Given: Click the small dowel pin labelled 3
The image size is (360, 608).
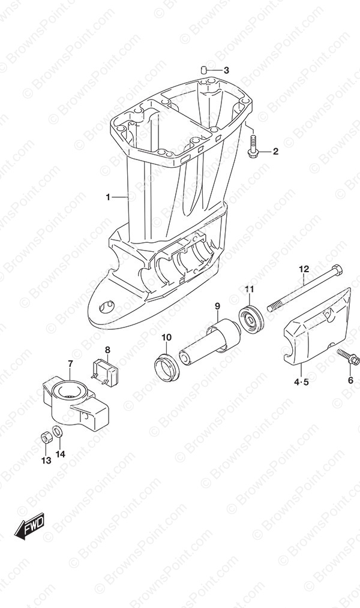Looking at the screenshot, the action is tap(214, 70).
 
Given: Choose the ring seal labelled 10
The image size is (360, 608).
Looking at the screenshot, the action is tap(166, 367).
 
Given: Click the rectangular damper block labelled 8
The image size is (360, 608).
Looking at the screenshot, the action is tap(104, 371).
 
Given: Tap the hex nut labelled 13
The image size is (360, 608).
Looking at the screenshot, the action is tap(46, 438).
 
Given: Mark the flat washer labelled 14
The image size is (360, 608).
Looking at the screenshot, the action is tap(57, 431).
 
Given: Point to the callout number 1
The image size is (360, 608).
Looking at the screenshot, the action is tap(108, 197).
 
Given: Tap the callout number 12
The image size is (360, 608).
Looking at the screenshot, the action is tap(304, 269).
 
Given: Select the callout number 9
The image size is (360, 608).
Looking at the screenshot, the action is tap(218, 306).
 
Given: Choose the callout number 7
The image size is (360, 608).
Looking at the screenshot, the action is tap(70, 363).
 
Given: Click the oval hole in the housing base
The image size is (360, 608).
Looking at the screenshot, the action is tap(107, 307).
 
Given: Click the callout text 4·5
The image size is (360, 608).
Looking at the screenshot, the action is tap(301, 383).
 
